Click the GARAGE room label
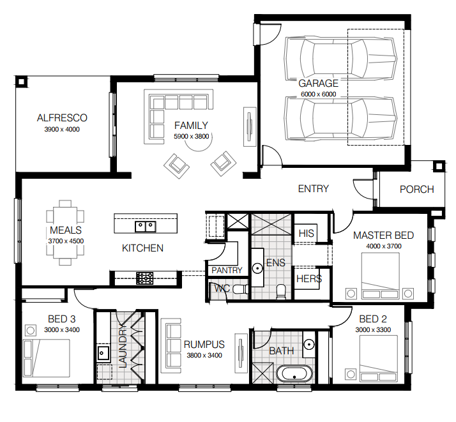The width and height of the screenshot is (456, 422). tap(319, 84)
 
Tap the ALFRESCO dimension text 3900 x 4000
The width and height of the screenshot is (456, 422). tap(62, 130)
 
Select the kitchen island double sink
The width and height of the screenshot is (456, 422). tap(146, 227)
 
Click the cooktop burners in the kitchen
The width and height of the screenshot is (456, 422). tap(145, 278)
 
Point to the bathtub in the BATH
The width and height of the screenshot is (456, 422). tap(294, 374)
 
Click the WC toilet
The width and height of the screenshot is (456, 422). tap(240, 289)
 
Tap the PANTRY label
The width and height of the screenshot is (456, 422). tap(227, 270)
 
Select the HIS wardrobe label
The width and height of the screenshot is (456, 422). tap(306, 234)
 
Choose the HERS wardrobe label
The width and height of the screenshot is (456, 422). tap(309, 279)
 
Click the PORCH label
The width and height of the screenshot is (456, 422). tap(417, 190)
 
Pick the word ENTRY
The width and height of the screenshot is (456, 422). tap(313, 189)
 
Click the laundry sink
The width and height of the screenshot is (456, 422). tap(103, 353)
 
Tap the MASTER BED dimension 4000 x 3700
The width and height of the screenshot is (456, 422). tap(384, 246)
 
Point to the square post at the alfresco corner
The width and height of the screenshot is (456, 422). tap(21, 82)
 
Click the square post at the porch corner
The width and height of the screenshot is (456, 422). tap(439, 166)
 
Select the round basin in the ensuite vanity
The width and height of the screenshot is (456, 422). tap(257, 268)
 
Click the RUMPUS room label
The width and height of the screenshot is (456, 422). tap(204, 344)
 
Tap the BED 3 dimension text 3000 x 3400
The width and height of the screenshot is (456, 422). tap(62, 330)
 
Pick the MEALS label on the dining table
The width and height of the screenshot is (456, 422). tap(66, 230)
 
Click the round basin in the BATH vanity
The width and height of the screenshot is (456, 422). tap(309, 345)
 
